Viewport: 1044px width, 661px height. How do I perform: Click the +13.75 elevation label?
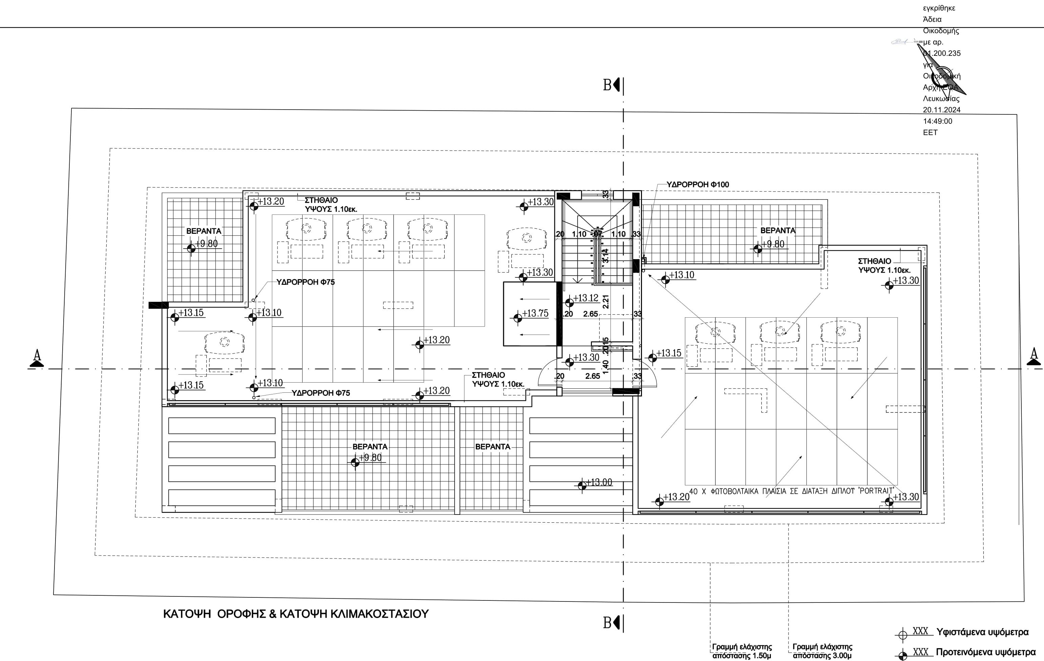535,313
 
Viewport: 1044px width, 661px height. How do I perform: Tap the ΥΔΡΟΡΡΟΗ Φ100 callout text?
697,185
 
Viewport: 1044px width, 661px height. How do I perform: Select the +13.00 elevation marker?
599,482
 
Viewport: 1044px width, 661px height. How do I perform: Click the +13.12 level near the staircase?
585,298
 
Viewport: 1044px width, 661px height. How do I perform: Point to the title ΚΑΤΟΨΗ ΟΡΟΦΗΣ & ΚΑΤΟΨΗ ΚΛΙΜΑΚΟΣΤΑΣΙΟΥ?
296,614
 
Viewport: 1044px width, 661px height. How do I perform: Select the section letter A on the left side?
37,356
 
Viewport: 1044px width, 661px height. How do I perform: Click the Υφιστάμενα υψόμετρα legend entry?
982,632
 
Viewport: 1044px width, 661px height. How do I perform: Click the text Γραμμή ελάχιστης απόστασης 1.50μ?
742,652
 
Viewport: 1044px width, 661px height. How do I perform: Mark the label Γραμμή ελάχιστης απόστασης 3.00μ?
822,652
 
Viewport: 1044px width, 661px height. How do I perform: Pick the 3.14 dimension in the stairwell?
606,255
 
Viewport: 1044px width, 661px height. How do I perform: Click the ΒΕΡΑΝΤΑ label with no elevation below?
492,447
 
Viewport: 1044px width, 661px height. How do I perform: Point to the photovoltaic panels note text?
791,491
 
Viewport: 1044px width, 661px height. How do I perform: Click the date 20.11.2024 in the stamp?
941,110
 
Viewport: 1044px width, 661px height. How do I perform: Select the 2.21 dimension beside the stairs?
606,301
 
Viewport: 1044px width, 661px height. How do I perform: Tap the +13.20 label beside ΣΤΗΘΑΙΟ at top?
270,202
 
